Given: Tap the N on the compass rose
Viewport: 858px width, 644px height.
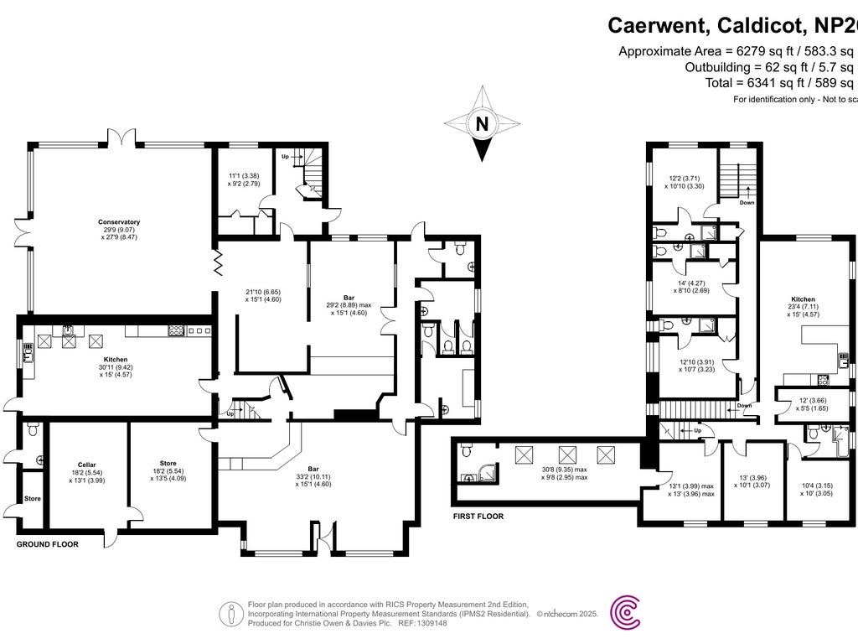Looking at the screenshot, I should pos(482,124).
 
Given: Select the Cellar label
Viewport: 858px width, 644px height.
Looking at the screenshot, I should pos(87,465).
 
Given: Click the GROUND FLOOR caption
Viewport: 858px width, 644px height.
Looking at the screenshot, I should pos(48,544).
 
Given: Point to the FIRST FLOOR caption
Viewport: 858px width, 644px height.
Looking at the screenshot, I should pos(477,517).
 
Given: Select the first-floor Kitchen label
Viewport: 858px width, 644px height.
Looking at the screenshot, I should pos(803,299).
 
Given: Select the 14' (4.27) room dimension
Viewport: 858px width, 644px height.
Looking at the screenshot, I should pos(682,283).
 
